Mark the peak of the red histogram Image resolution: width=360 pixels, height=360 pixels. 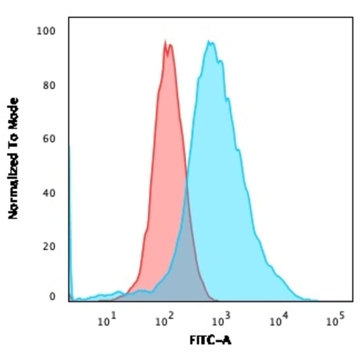(165, 42)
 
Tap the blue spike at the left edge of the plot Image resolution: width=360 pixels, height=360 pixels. (70, 212)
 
